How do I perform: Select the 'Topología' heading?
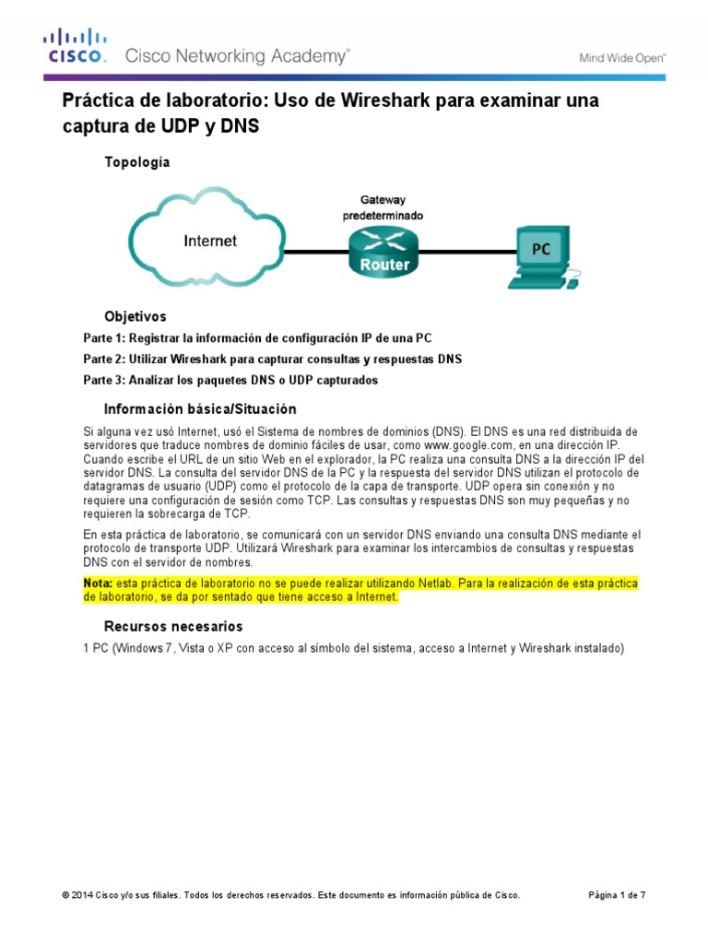(137, 162)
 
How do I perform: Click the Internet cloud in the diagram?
(209, 242)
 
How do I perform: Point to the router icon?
(381, 251)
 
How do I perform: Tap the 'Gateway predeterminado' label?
(382, 207)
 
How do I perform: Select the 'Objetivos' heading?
(136, 316)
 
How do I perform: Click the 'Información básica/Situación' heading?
(200, 409)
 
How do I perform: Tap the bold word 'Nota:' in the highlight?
(98, 584)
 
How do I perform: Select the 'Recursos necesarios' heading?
(173, 627)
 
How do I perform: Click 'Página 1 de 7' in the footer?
(618, 895)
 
